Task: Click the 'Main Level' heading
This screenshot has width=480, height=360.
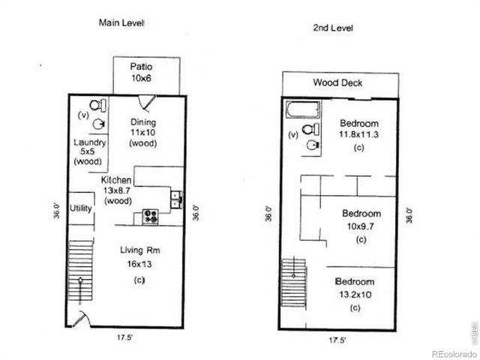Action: click(x=121, y=22)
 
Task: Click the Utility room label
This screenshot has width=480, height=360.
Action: click(x=81, y=208)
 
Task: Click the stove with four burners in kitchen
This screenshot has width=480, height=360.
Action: click(x=151, y=217)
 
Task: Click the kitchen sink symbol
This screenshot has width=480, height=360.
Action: click(x=175, y=199)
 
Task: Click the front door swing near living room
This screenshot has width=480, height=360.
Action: click(x=85, y=318)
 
